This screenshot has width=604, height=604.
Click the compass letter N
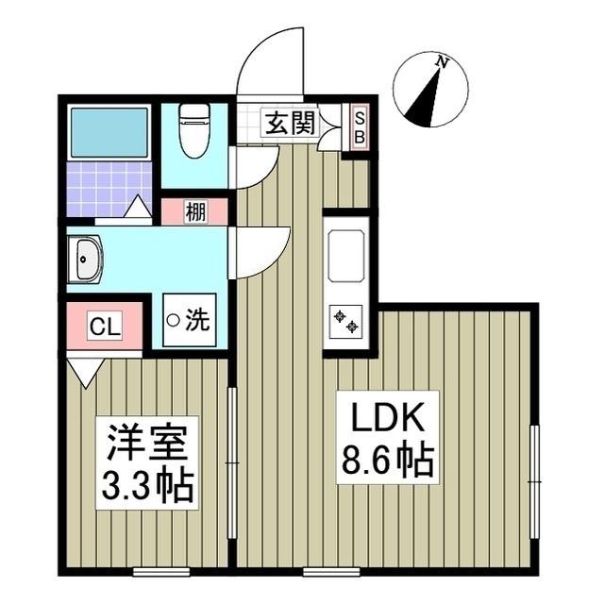tap(441, 62)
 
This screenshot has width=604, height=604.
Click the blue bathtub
tap(109, 132)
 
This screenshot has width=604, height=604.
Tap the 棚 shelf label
tap(194, 211)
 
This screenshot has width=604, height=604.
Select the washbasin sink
tap(86, 260)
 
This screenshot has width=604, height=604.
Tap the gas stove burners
tap(345, 321)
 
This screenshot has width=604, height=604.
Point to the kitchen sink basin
tap(345, 255)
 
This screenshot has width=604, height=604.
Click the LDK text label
tap(385, 419)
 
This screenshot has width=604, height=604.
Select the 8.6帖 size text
tap(386, 461)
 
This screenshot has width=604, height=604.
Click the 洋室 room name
tap(147, 441)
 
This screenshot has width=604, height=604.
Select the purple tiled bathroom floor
tap(104, 189)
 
